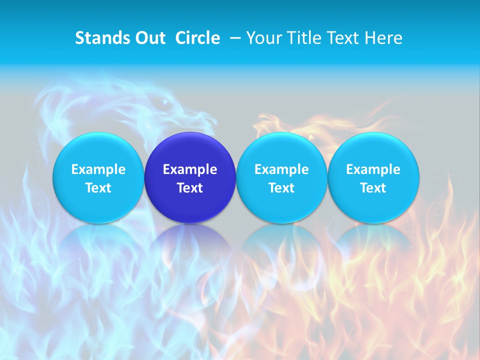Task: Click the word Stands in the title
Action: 99,38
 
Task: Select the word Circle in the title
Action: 197,38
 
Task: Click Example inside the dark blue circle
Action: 190,169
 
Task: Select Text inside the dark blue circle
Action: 190,188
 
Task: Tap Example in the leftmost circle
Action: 98,169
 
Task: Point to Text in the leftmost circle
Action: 98,188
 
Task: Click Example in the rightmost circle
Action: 373,169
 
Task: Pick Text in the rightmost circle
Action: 373,188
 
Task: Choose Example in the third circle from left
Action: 281,169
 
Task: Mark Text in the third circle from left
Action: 281,188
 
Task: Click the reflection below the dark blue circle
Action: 190,240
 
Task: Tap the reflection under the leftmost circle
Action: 98,240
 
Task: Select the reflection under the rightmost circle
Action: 373,240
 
